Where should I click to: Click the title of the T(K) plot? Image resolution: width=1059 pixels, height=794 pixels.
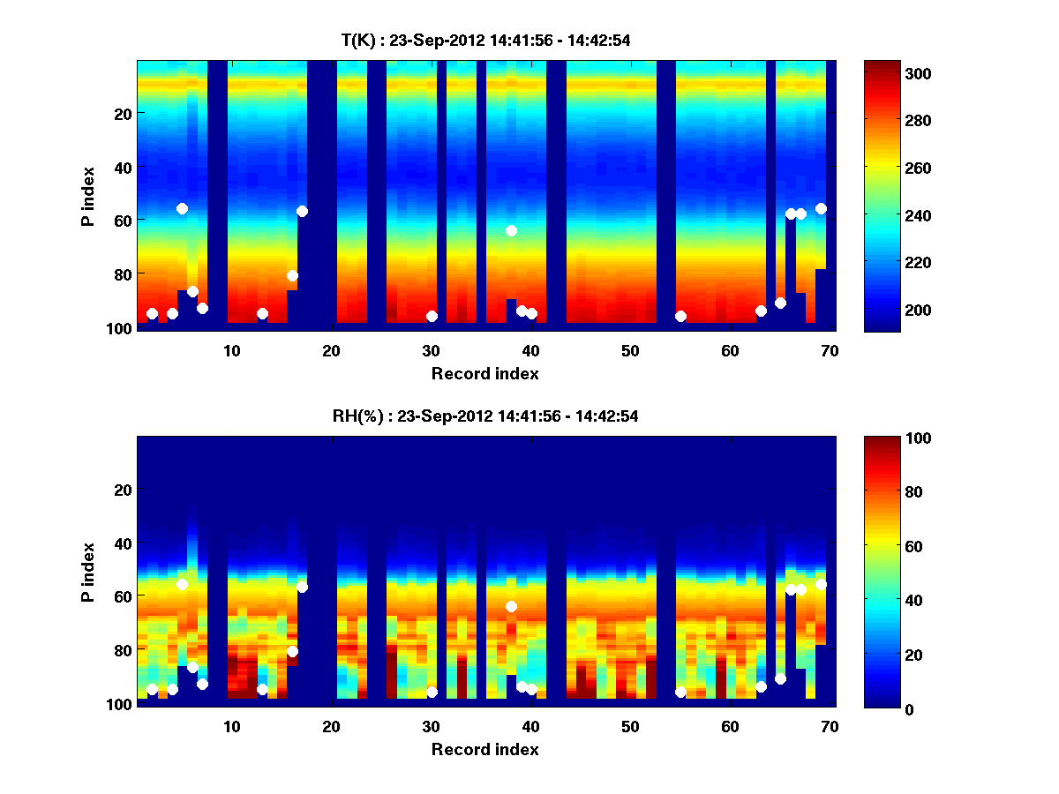[485, 40]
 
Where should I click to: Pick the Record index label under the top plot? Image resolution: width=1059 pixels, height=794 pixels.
[485, 373]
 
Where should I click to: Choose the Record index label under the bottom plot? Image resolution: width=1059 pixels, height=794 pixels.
[485, 749]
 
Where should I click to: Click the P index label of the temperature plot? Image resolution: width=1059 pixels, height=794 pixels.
[88, 196]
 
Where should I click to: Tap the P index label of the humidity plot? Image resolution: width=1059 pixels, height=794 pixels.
[88, 572]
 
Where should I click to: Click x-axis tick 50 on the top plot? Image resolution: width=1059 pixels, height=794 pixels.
[630, 350]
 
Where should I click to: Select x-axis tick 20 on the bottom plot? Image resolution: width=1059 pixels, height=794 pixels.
[331, 726]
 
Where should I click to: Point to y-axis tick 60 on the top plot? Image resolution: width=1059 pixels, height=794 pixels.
[123, 220]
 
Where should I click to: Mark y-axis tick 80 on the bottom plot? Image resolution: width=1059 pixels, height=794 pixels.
[123, 649]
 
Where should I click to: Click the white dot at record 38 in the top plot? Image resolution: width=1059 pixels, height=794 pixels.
[511, 230]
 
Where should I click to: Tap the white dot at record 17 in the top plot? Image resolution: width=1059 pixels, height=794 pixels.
[302, 211]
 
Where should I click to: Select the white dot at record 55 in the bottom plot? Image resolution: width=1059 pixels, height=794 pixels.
[680, 692]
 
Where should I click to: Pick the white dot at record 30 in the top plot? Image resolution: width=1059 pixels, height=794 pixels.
[432, 316]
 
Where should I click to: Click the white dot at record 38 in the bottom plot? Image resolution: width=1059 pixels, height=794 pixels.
[511, 606]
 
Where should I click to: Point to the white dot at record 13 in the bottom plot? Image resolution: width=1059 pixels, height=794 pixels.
[262, 689]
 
